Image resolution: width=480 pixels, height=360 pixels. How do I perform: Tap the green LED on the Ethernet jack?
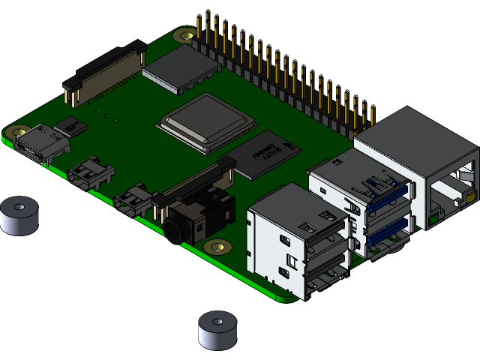tap(433, 220)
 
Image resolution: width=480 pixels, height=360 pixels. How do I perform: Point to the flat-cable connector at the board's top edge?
tap(105, 75)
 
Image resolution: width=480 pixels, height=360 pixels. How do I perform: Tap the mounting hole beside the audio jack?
tap(219, 247)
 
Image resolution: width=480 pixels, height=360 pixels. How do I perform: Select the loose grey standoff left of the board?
tap(18, 215)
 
